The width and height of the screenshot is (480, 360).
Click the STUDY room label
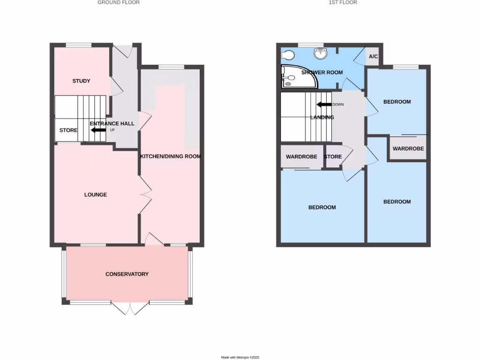tap(81, 81)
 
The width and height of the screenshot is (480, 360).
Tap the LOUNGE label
tap(96, 195)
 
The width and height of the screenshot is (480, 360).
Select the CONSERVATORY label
tap(127, 274)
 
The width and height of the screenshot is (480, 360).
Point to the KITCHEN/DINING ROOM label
tap(170, 157)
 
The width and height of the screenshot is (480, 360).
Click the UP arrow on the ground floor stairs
tap(98, 130)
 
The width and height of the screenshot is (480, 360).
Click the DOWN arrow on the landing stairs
tap(324, 105)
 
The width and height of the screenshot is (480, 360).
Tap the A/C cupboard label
tap(373, 57)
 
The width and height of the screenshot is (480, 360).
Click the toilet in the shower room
tap(287, 55)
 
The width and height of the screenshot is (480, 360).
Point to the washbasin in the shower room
tap(321, 53)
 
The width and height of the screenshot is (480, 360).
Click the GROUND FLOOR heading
tap(119, 2)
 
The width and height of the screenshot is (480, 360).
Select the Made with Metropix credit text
tap(240, 357)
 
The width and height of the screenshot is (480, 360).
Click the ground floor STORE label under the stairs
tap(68, 130)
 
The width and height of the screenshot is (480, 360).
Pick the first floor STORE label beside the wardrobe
tap(333, 157)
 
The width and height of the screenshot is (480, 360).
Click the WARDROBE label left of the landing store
tap(301, 157)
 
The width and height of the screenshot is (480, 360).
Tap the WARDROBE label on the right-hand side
tap(408, 149)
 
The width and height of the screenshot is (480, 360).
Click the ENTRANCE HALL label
tap(112, 124)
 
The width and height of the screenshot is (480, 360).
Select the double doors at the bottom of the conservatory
tap(130, 308)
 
